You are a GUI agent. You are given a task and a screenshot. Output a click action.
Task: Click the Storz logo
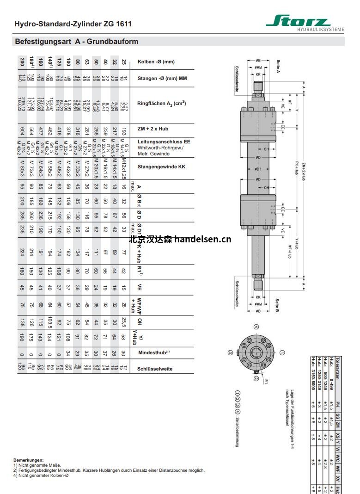[x=304, y=22]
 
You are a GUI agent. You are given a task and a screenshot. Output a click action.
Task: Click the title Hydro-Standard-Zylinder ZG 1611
[x=73, y=24]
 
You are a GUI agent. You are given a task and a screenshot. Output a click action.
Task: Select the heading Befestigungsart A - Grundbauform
[x=77, y=42]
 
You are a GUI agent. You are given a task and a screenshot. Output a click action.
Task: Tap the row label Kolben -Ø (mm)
[x=156, y=62]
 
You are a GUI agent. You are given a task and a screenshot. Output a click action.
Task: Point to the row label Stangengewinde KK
[x=161, y=167]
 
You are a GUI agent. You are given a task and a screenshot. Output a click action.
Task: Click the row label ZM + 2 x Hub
[x=153, y=129]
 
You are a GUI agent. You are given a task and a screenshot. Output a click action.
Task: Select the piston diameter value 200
[x=22, y=62]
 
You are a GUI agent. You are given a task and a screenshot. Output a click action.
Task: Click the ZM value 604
[x=22, y=129]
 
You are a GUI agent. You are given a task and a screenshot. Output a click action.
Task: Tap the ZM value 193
[x=123, y=129]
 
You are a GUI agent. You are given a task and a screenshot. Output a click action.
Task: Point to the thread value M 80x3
[x=22, y=166]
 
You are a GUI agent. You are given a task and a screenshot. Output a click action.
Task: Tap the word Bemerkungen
[x=28, y=460]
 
